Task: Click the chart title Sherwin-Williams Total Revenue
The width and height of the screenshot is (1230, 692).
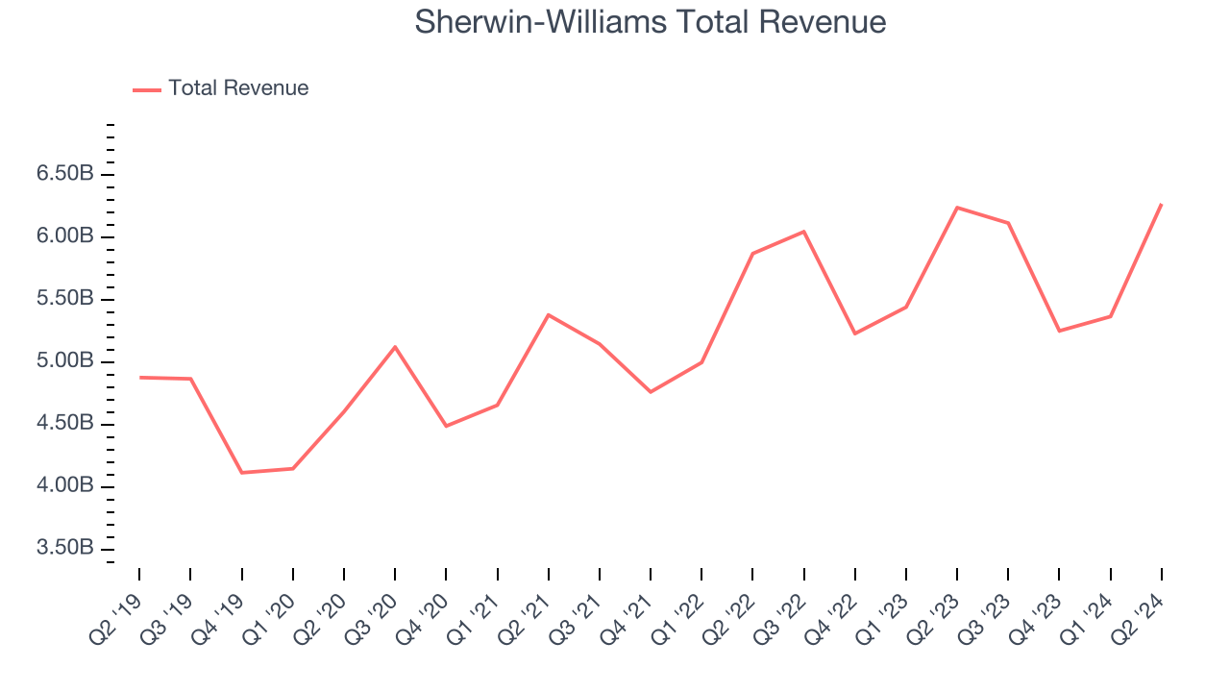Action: click(650, 21)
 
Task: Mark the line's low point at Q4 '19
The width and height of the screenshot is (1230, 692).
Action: click(241, 473)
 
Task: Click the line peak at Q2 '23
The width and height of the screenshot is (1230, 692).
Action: click(957, 208)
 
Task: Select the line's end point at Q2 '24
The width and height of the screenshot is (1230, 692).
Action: click(1161, 205)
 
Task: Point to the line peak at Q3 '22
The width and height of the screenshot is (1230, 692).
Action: click(803, 232)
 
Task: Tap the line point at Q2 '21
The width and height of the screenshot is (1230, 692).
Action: click(548, 315)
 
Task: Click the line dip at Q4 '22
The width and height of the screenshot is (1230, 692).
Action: click(854, 334)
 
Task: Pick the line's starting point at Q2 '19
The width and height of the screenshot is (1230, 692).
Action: click(139, 378)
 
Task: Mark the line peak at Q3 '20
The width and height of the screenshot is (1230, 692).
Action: click(395, 347)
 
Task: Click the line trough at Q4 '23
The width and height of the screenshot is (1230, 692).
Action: click(1059, 331)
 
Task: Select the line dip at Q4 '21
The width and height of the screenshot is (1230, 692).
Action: click(651, 392)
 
